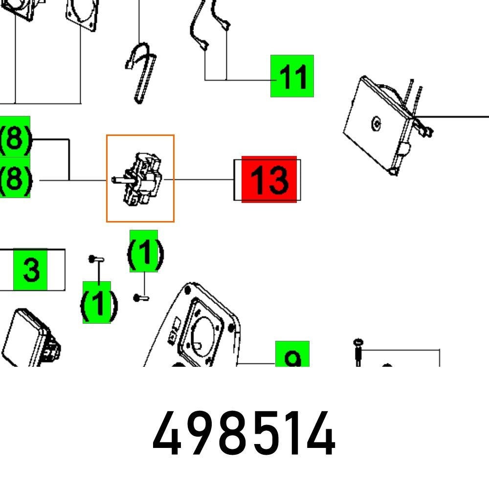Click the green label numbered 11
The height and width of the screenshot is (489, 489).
(292, 76)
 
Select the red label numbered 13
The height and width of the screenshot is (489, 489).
(269, 179)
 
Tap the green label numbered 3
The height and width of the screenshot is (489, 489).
(30, 269)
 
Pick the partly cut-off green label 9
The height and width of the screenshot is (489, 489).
(292, 354)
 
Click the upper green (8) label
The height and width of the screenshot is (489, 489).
(15, 136)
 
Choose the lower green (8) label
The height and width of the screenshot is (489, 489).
(15, 178)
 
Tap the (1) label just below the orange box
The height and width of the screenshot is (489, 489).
(144, 251)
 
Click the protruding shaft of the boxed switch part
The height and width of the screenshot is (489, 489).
(123, 180)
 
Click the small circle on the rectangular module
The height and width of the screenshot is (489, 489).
(376, 124)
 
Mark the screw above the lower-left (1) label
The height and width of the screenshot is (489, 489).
(96, 259)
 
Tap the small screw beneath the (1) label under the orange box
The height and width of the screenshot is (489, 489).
(141, 298)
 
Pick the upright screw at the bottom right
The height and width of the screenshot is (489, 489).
(358, 353)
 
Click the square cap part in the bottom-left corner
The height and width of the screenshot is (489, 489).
(30, 338)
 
